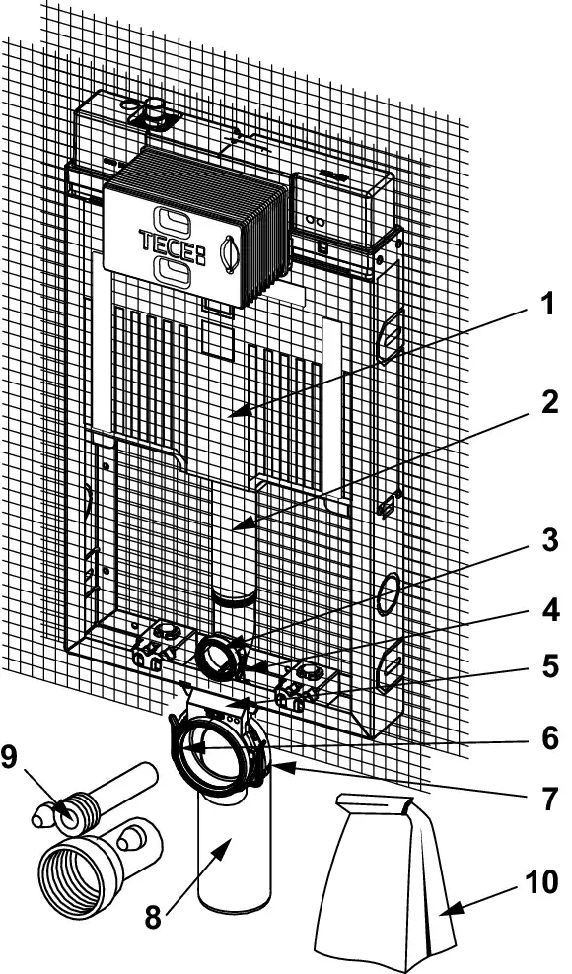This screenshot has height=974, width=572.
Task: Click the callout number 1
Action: point(546,305)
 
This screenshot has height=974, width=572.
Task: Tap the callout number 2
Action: point(548,403)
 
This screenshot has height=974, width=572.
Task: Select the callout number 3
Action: point(549,540)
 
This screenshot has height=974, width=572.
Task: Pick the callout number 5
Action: point(549,666)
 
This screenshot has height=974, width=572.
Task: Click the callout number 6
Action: point(549,737)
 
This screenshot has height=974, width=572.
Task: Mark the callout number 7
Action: point(549,800)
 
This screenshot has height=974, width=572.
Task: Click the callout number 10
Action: point(540,882)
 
